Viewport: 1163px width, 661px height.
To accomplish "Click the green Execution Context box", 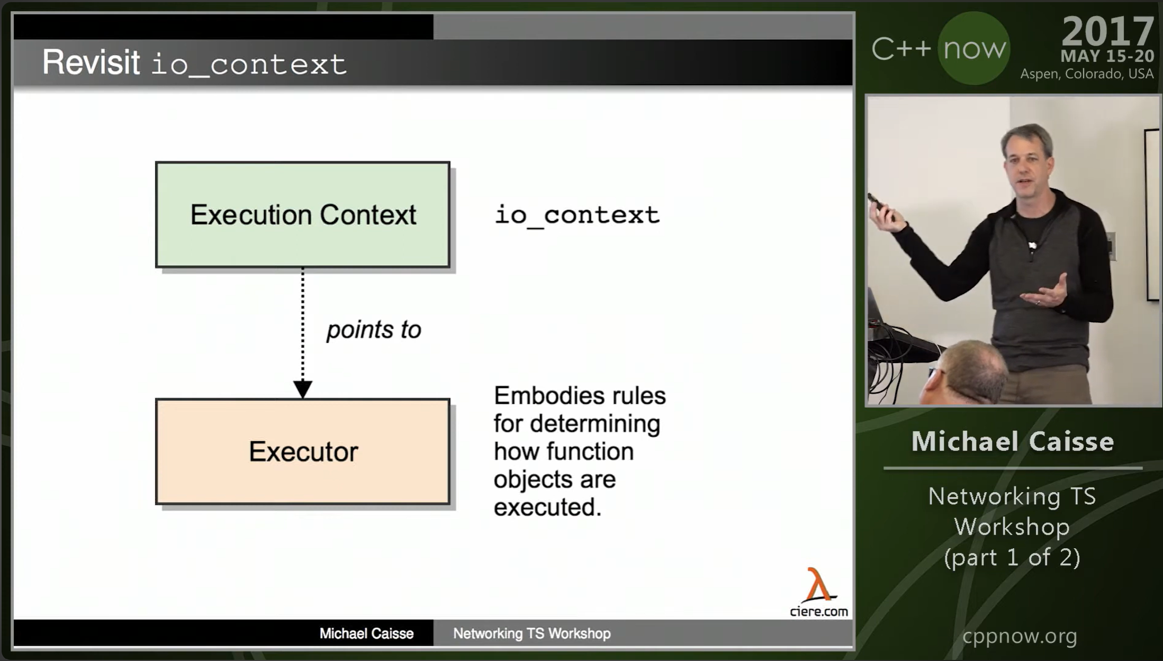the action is coord(303,214).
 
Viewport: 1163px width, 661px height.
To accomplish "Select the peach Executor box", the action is coord(303,451).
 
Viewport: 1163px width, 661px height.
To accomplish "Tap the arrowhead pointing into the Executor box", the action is coord(303,390).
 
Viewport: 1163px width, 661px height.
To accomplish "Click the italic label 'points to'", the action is coord(374,330).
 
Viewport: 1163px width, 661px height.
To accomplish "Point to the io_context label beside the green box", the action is coord(577,215).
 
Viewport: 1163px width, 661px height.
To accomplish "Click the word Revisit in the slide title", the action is coord(91,62).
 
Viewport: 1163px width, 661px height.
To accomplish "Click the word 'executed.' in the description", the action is coord(547,507).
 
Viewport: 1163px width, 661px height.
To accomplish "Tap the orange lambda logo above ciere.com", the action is coord(819,585).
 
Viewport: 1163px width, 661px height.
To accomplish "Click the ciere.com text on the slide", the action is coord(819,611).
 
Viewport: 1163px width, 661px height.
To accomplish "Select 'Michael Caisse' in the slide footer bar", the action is coord(366,633).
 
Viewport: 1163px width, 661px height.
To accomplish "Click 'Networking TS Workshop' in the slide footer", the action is coord(532,633).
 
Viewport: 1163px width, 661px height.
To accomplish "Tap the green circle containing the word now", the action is coord(974,49).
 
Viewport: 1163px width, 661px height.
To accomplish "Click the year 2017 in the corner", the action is coord(1107,31).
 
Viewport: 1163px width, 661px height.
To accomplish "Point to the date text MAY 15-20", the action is coord(1107,56).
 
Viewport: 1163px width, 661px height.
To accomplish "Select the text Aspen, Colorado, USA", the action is coord(1087,74).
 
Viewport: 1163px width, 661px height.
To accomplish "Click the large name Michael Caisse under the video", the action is coord(1013,441).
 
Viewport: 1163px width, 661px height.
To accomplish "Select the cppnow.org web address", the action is coord(1020,636).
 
